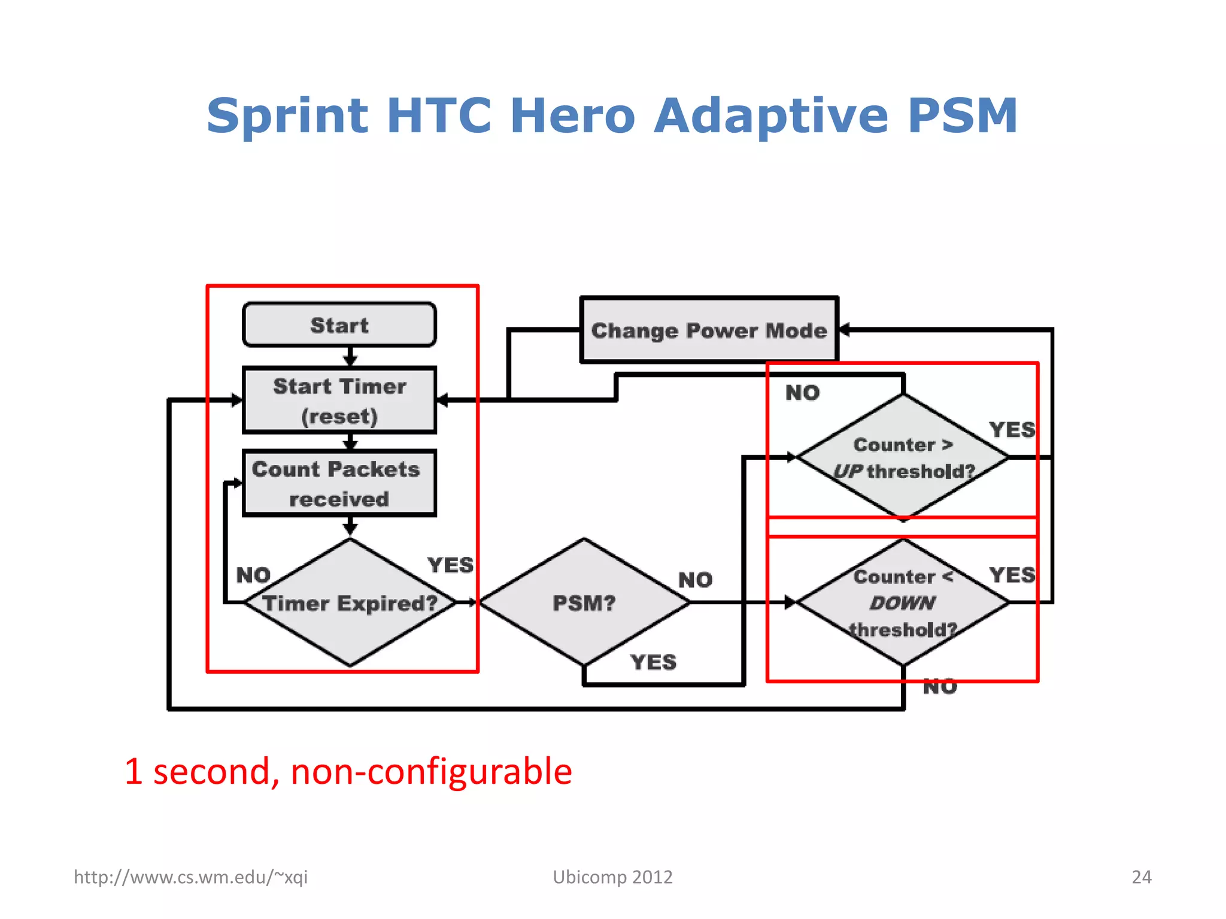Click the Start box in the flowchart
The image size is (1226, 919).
(339, 325)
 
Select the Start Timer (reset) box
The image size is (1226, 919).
(339, 400)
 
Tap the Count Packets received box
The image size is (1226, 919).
(339, 483)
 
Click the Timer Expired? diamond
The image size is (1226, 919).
(350, 603)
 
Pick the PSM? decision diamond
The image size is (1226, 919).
(584, 603)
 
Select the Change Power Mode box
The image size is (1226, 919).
(709, 330)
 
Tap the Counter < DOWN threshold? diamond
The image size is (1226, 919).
(903, 603)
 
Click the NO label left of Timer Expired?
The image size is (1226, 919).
(253, 576)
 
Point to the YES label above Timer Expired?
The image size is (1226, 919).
(450, 565)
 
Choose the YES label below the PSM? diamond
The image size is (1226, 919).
(653, 662)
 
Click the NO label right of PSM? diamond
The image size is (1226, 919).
(695, 580)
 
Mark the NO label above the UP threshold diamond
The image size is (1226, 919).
(802, 393)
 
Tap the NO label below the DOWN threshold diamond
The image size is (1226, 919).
(940, 687)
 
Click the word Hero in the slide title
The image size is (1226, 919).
(572, 115)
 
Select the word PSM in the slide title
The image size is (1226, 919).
(962, 115)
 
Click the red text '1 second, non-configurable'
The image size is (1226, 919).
(348, 771)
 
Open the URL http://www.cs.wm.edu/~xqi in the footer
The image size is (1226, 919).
(190, 877)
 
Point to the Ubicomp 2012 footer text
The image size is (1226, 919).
(612, 877)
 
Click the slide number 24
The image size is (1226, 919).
(1141, 877)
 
